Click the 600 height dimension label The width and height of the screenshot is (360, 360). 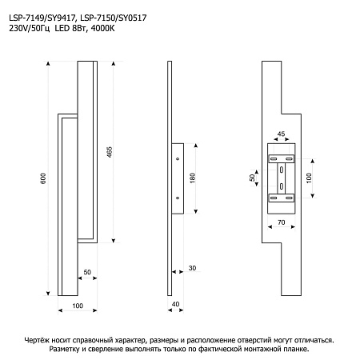point(43,178)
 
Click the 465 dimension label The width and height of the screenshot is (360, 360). point(110,152)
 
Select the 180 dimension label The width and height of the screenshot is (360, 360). point(193,178)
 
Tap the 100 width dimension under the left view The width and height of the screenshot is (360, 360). point(78,306)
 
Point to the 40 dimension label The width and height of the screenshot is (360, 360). point(175,304)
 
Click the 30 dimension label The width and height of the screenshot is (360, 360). point(192,268)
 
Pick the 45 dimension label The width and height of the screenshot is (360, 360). point(281,134)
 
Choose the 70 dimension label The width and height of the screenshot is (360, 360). point(282,222)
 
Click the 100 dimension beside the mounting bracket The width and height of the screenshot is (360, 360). point(309,178)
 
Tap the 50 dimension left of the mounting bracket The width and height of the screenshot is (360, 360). point(252,178)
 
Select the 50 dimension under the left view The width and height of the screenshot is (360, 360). point(87,272)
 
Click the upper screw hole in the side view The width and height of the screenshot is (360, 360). point(178,159)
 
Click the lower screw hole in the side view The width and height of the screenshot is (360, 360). point(178,198)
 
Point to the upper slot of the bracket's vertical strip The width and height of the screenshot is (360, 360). point(281,170)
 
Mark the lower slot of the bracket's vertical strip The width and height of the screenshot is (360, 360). point(281,186)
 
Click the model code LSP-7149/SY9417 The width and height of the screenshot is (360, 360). point(43,18)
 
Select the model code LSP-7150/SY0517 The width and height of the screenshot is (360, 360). point(114,18)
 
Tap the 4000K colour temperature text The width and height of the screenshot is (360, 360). point(102,28)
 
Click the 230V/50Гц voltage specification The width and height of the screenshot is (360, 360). point(30,29)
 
